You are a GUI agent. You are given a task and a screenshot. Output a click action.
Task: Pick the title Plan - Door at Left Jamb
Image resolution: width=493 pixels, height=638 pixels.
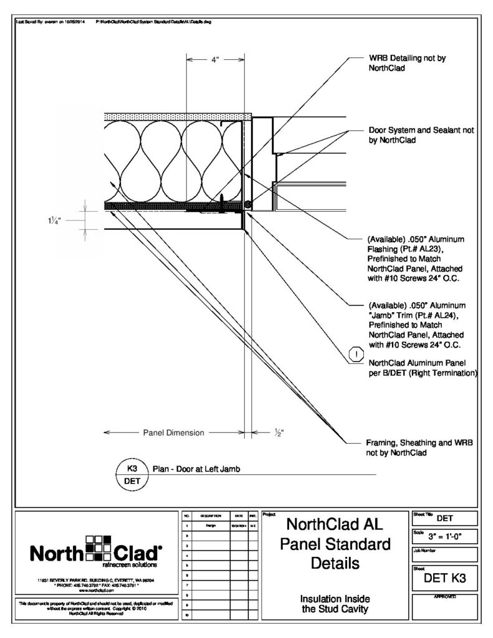[196, 469]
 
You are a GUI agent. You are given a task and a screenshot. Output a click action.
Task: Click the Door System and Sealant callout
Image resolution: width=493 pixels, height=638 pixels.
[421, 135]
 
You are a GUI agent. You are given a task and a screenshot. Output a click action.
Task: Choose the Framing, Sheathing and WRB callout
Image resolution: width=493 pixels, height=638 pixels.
[419, 447]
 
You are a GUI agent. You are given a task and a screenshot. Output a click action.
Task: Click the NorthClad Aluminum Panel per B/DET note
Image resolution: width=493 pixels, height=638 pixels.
[423, 368]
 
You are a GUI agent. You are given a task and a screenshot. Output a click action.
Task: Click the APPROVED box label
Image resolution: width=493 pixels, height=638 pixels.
[445, 597]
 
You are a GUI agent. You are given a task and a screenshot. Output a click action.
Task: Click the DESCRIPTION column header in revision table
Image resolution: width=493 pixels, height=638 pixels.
[208, 517]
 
